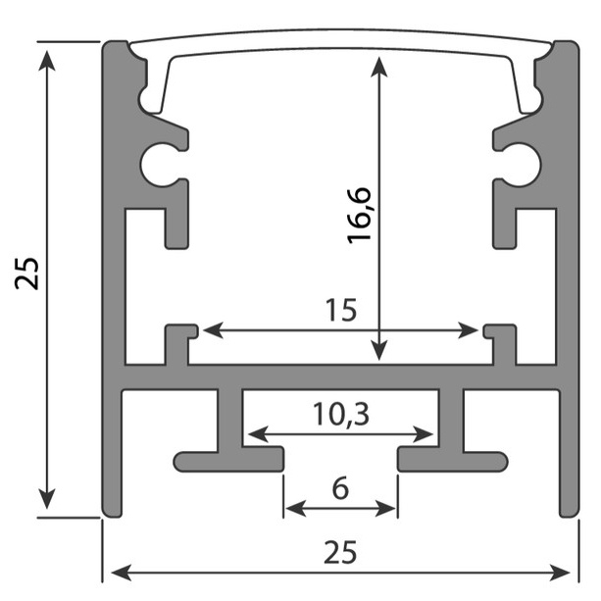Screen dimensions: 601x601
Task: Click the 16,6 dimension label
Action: tap(359, 216)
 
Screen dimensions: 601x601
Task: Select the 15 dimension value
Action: tap(341, 310)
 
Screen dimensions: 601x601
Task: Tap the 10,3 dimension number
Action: tap(341, 414)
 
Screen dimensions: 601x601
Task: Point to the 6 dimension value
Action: tap(340, 488)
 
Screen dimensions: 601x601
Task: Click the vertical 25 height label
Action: tap(26, 274)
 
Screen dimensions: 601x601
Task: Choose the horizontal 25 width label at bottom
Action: tap(340, 552)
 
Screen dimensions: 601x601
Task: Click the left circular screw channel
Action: tap(158, 165)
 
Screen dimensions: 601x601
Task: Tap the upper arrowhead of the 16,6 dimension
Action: tap(379, 67)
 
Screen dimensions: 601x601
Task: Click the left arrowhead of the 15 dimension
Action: tap(213, 330)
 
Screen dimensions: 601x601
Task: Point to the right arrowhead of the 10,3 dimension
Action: tap(424, 434)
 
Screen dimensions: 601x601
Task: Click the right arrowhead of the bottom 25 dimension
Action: tap(560, 573)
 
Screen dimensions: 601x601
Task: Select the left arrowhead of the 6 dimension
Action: tap(296, 509)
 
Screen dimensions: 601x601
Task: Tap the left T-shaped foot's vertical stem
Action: tap(230, 421)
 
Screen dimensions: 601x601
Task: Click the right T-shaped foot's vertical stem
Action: tap(451, 421)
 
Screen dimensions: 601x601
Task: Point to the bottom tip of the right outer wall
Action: tap(569, 517)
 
